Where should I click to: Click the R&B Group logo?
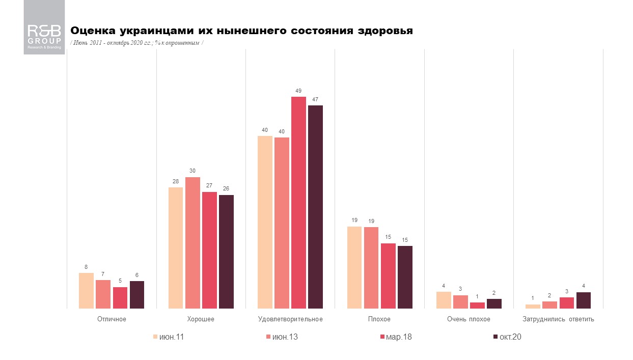click(44, 27)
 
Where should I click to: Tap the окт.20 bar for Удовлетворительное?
click(315, 206)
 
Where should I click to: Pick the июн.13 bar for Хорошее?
click(192, 242)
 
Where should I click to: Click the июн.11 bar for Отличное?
click(87, 290)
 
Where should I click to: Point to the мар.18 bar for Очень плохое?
click(477, 305)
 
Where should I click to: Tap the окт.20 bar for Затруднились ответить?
click(584, 300)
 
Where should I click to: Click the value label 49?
click(298, 91)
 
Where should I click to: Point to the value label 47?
click(315, 99)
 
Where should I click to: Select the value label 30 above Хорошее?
click(192, 171)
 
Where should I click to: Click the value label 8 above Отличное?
click(87, 267)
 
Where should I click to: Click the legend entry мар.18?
click(396, 337)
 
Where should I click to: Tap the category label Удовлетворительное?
click(290, 319)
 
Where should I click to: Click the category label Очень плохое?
click(469, 319)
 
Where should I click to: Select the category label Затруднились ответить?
click(558, 319)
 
